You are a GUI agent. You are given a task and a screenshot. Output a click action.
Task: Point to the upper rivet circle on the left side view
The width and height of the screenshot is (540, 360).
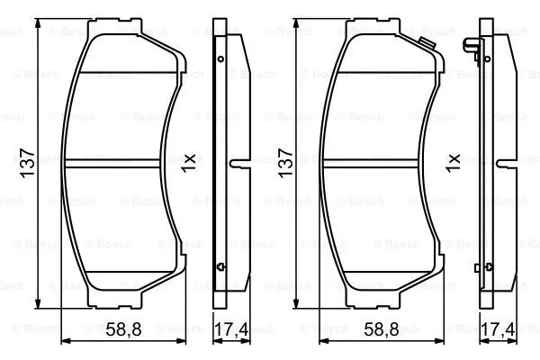click(221, 59)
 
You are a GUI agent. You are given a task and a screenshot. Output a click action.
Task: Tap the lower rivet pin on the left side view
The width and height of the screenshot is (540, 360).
click(221, 265)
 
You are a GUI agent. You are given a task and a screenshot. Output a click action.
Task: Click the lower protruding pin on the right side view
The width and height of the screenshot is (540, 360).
click(478, 265)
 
